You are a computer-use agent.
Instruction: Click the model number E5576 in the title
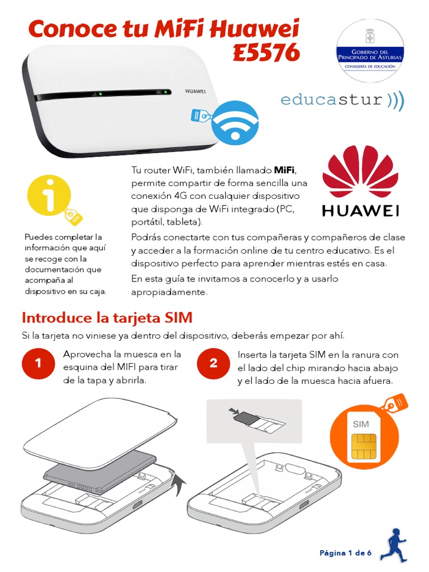coord(266,53)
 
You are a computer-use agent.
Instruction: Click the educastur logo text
coord(332,100)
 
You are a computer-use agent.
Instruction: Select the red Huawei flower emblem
coord(360,170)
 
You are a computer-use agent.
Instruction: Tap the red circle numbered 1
coord(38,364)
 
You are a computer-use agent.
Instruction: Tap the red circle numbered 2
coord(213,364)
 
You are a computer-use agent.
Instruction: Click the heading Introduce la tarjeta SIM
coord(107,318)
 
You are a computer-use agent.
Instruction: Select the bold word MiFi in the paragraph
coord(285,169)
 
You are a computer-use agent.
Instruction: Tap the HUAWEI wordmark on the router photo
coord(196,90)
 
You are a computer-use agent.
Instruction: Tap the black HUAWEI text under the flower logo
coord(360,211)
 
